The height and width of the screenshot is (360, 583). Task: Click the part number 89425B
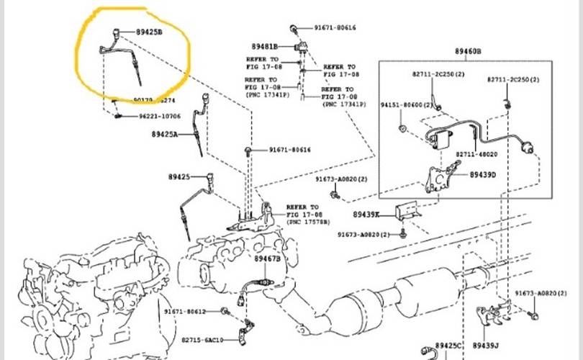tap(150, 33)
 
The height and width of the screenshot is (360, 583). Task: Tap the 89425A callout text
tap(164, 134)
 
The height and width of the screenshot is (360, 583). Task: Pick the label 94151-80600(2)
tap(407, 105)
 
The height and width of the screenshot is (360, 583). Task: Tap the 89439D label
tap(483, 174)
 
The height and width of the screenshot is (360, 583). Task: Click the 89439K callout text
tap(366, 214)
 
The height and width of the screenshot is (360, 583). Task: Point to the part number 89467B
tap(266, 258)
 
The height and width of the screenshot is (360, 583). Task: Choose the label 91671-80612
tap(185, 311)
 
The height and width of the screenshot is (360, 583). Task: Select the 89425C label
tap(450, 347)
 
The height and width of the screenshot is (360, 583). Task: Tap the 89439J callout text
tap(487, 347)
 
